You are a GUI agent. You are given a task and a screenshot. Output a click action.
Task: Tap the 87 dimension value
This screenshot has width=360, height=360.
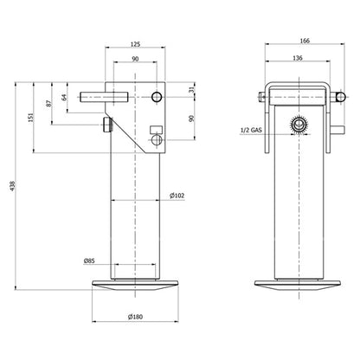(48, 104)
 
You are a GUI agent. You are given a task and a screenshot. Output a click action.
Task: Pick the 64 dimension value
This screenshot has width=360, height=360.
(65, 97)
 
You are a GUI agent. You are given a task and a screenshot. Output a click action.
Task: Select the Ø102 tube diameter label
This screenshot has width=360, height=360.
(177, 196)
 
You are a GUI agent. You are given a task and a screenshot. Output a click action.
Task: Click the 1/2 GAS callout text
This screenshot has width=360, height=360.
(252, 131)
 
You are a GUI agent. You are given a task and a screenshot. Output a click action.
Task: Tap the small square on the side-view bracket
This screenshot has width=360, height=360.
(156, 129)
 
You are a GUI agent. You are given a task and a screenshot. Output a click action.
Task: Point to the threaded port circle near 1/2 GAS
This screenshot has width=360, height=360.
(299, 126)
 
